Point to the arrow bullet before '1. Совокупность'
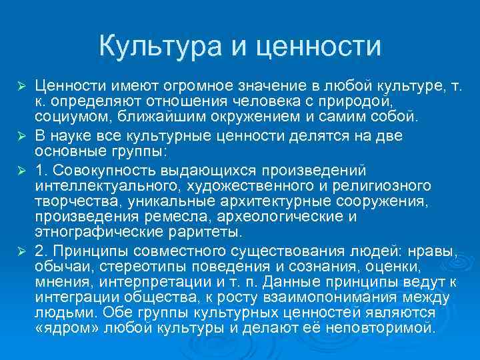click(21, 169)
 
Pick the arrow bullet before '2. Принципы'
click(21, 251)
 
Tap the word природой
click(356, 103)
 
